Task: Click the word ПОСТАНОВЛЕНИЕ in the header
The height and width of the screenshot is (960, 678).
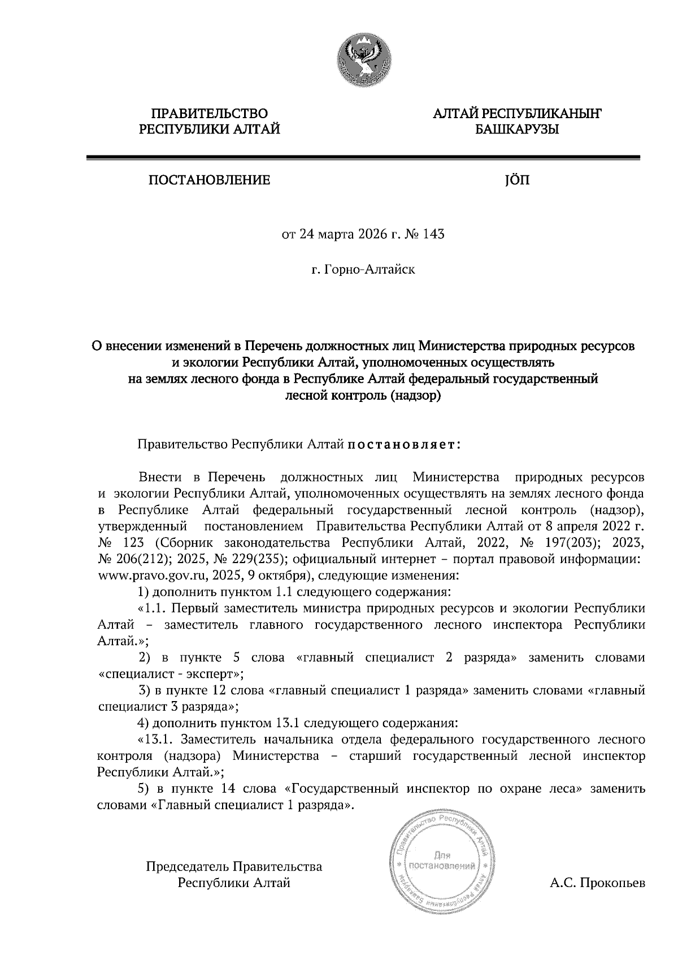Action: click(209, 180)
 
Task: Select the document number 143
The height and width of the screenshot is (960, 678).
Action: click(433, 233)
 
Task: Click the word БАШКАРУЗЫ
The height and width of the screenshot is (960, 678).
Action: click(516, 130)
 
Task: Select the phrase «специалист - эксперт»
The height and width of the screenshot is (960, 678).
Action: click(171, 674)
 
